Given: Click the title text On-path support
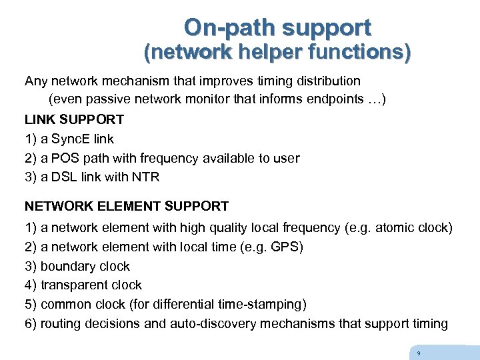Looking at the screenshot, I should coord(277,27).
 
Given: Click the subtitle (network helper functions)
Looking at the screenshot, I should coord(278,53).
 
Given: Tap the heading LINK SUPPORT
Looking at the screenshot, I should coord(74,120).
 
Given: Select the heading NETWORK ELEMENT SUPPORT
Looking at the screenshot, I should coord(127,207).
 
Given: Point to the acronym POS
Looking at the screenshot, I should coord(63,159).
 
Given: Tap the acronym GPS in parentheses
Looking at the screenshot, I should coord(285,247).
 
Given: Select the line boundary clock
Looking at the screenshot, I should coord(85,267).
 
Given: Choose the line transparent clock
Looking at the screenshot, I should coord(91,285).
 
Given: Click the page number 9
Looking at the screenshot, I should coord(418,353).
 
